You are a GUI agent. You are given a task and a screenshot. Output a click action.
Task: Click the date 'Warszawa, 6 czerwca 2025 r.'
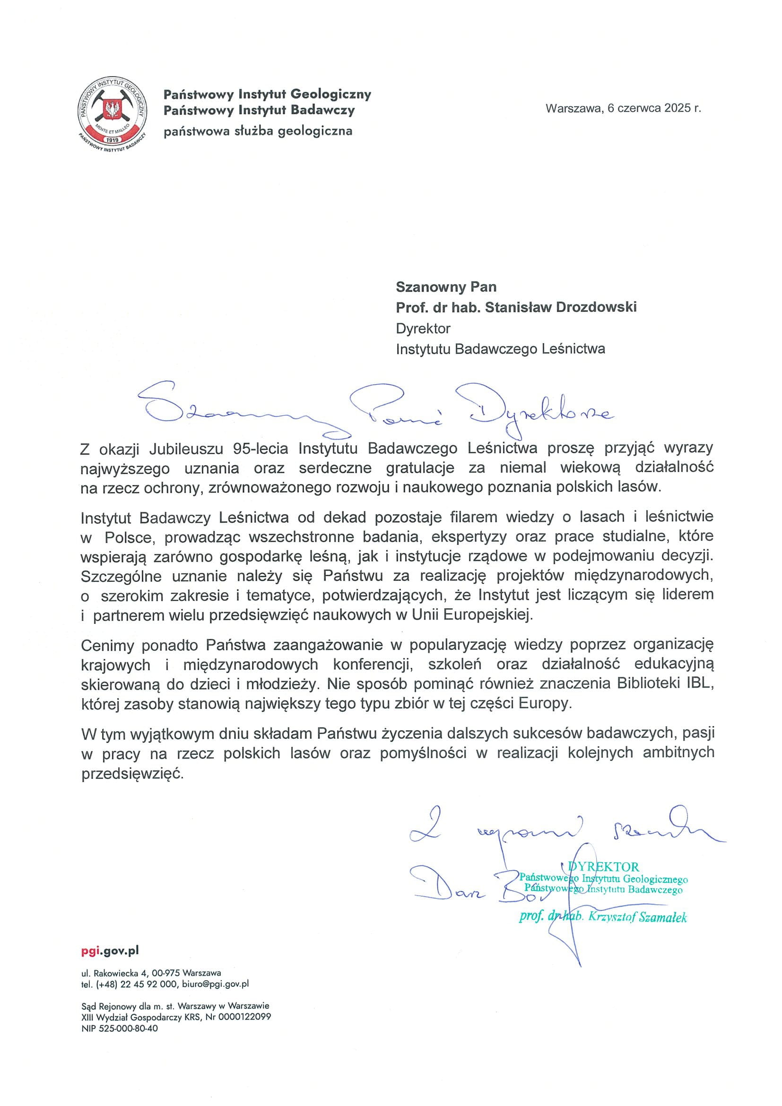(623, 108)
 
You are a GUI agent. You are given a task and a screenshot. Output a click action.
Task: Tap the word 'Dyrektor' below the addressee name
(423, 328)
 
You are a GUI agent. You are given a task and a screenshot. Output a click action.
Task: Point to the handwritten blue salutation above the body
(376, 407)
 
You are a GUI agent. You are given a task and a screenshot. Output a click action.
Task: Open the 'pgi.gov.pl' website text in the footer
(110, 950)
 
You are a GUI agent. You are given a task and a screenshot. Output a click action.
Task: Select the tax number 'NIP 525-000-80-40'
(119, 1028)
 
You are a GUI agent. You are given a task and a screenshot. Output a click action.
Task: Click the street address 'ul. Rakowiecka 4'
(113, 973)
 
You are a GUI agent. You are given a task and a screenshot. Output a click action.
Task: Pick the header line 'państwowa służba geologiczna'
(258, 131)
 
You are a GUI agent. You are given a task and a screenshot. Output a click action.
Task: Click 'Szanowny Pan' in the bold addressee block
(446, 286)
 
